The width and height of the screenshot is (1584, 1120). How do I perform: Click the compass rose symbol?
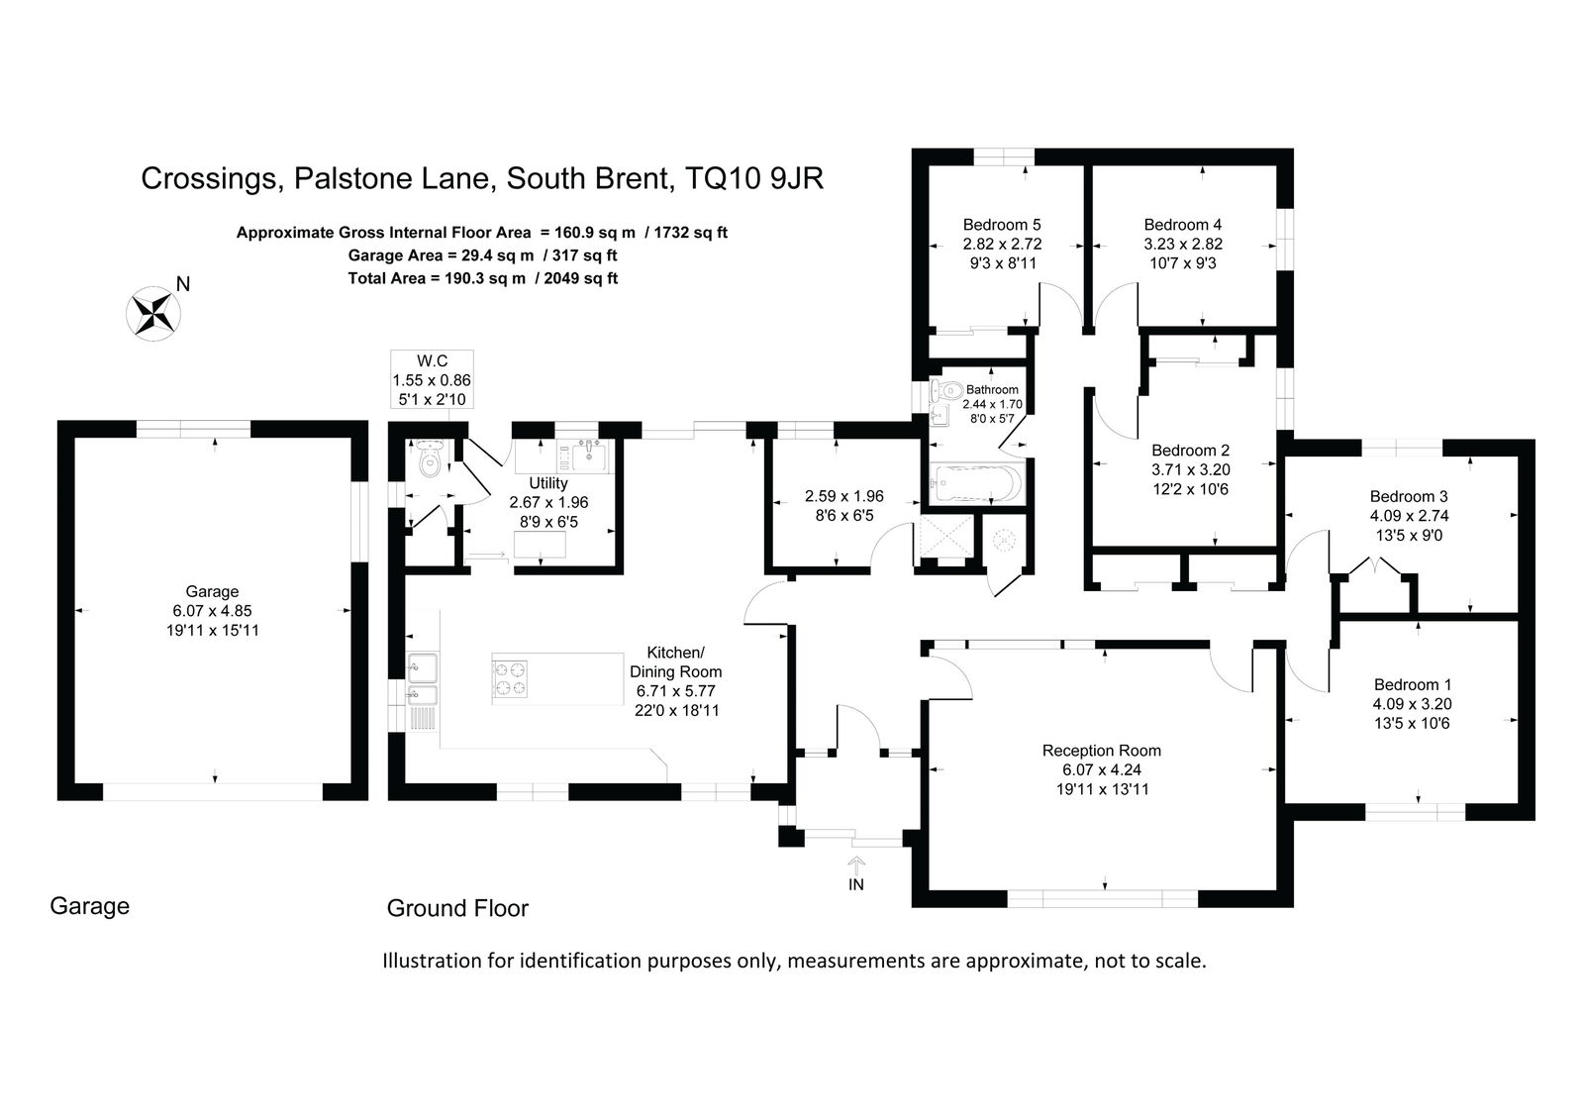[153, 314]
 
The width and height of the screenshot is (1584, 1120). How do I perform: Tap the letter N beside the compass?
[183, 284]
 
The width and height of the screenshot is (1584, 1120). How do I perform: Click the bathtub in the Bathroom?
[976, 484]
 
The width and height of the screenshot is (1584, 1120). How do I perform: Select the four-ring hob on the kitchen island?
[510, 678]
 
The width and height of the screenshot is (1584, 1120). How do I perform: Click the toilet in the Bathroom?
[946, 389]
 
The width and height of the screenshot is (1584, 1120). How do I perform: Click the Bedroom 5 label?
[1002, 225]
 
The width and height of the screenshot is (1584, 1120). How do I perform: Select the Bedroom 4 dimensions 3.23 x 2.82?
[1183, 244]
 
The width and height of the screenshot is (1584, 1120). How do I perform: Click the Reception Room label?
[1102, 751]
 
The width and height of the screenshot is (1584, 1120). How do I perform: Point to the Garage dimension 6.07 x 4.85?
[212, 611]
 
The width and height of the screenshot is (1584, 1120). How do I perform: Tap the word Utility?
[548, 483]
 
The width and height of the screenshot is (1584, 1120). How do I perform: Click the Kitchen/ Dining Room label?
[676, 662]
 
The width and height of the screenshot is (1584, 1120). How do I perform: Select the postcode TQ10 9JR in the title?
[754, 179]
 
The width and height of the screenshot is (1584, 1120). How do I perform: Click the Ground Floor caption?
[457, 908]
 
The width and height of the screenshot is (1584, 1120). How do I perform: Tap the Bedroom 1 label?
[1412, 685]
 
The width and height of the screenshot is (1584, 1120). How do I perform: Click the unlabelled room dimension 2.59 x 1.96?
[844, 497]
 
